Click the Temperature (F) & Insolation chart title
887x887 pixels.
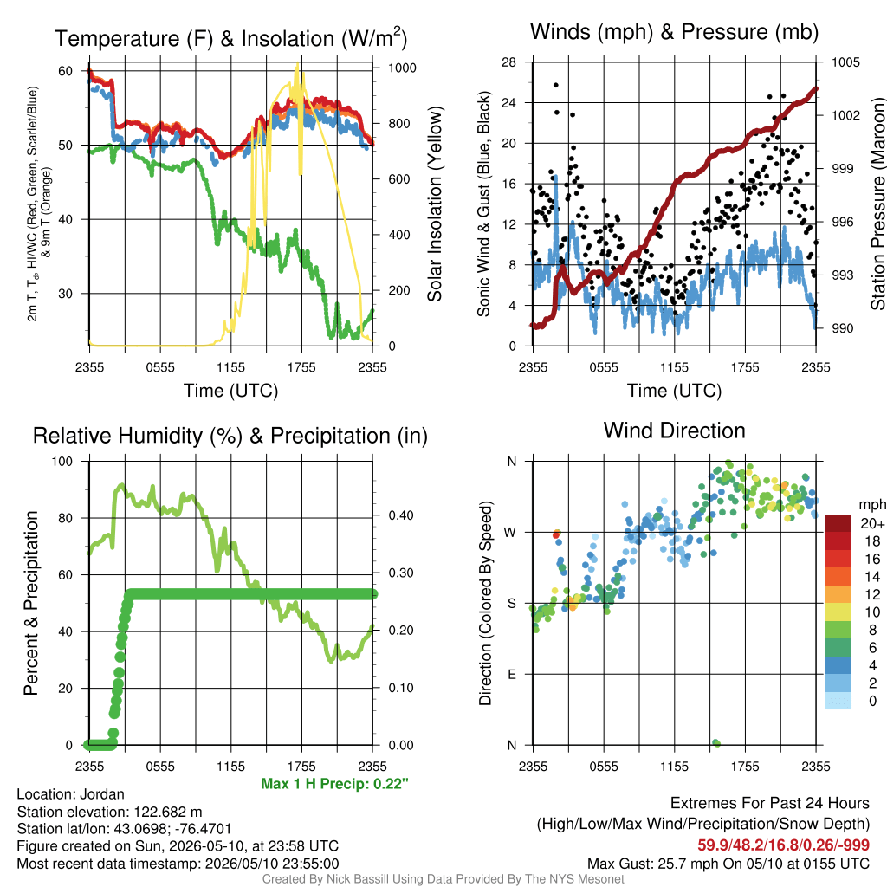tap(230, 38)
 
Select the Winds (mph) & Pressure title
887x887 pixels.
tap(674, 32)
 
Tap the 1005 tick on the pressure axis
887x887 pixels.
tap(845, 62)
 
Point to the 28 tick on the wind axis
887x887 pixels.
tap(509, 62)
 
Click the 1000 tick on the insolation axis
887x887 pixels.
tap(402, 68)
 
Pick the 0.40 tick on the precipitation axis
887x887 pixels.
tap(401, 515)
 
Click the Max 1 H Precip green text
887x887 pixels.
tap(335, 783)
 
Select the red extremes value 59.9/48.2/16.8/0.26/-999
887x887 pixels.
tap(783, 845)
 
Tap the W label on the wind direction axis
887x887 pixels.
tap(510, 533)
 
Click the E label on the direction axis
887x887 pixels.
tap(512, 674)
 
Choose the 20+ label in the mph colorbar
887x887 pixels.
tap(872, 524)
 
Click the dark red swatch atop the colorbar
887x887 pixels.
tap(838, 524)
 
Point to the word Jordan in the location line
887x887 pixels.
tap(102, 794)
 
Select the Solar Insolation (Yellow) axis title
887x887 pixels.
tap(434, 204)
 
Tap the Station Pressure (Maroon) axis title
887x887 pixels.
tap(877, 204)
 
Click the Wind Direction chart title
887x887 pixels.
tap(674, 431)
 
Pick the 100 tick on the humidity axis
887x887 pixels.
tap(62, 462)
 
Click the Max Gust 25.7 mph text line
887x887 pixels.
tap(728, 864)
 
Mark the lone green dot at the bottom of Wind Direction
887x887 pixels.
tap(716, 742)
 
